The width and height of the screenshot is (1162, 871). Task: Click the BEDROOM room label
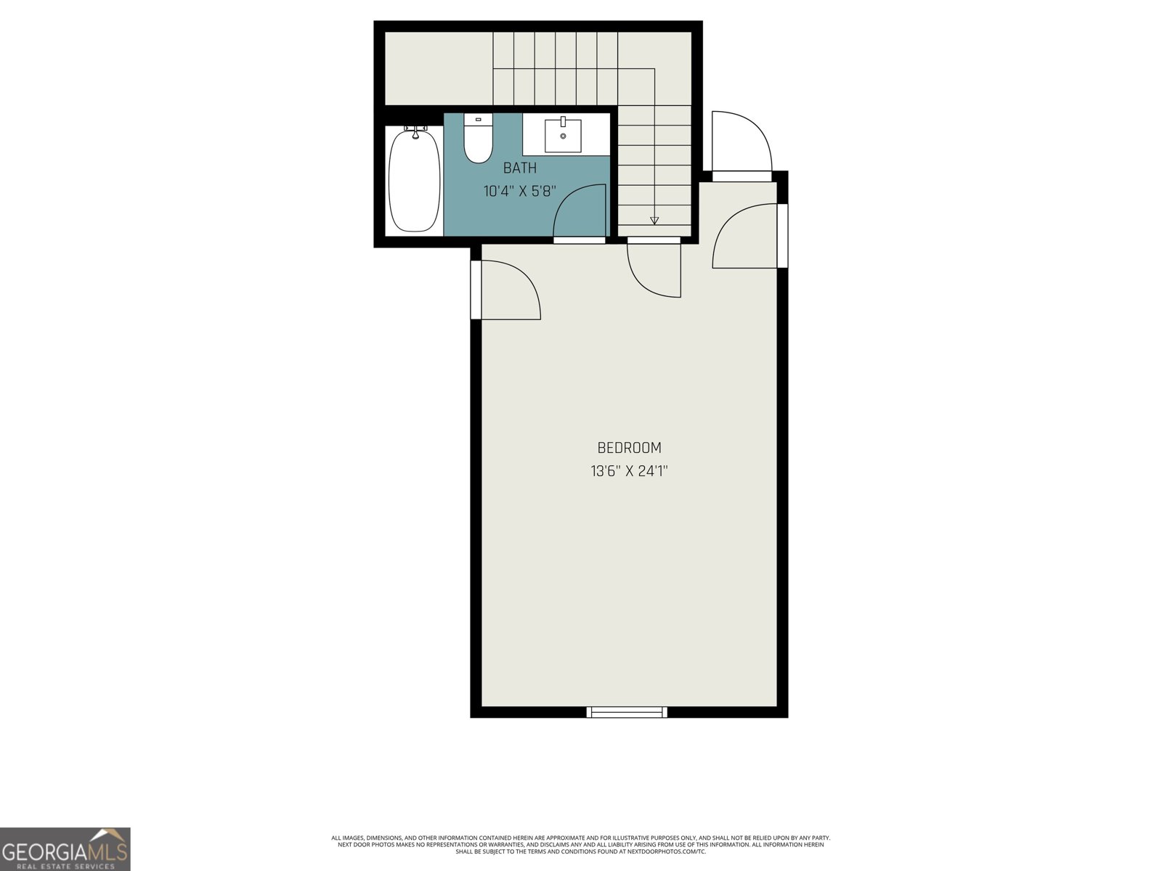629,448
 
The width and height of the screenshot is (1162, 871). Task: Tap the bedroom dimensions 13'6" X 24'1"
629,471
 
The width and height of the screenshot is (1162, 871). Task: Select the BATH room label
520,168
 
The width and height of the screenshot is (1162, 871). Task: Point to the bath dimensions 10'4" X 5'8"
520,192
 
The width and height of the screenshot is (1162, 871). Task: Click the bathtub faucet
415,131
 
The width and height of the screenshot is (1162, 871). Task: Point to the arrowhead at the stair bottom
654,220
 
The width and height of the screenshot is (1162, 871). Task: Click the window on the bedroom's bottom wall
627,712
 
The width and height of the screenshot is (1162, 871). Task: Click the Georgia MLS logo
65,848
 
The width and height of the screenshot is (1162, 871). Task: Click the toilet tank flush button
478,119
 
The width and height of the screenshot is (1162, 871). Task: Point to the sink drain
563,136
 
